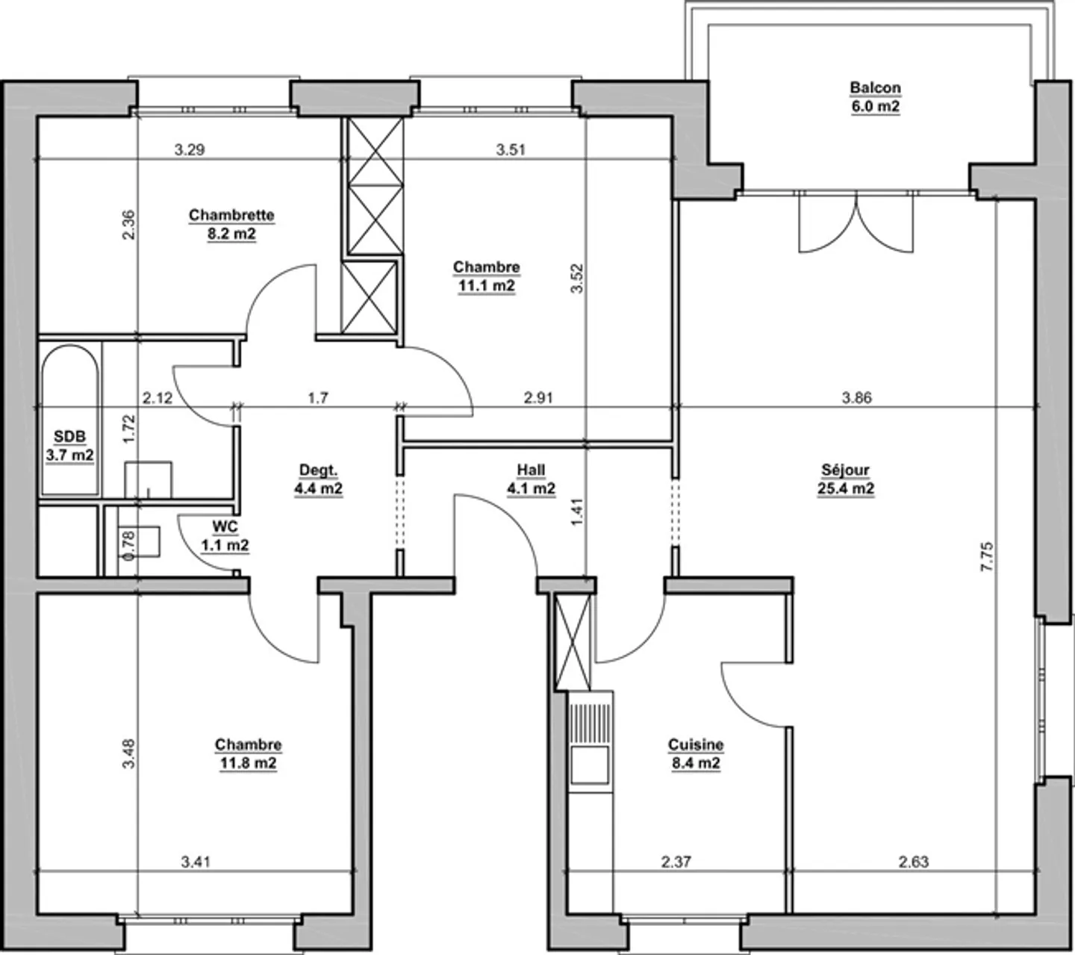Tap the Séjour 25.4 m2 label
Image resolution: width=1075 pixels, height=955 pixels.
(845, 479)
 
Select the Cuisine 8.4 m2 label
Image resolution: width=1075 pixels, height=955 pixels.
(695, 753)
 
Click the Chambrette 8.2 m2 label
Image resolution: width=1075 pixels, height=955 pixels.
(231, 224)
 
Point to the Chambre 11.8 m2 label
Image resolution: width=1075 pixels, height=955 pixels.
(248, 753)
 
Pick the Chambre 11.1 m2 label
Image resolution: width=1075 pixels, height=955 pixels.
(486, 276)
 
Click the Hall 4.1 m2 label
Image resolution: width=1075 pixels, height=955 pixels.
(531, 479)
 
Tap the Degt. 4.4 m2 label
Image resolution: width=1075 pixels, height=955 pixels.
(318, 479)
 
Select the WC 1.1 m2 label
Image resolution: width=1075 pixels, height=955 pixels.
(225, 535)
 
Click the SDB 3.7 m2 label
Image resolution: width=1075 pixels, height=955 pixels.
(69, 446)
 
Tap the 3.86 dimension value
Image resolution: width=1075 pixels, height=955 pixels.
(856, 398)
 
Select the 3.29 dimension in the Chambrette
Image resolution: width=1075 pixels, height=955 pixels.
(190, 149)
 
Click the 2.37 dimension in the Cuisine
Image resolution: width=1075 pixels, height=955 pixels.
(676, 862)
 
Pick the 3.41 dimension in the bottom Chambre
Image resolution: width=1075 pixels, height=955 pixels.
(196, 862)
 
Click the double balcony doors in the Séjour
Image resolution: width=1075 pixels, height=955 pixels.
(856, 222)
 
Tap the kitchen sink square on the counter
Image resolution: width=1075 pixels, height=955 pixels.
(590, 765)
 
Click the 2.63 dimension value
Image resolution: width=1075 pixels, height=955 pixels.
(913, 862)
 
